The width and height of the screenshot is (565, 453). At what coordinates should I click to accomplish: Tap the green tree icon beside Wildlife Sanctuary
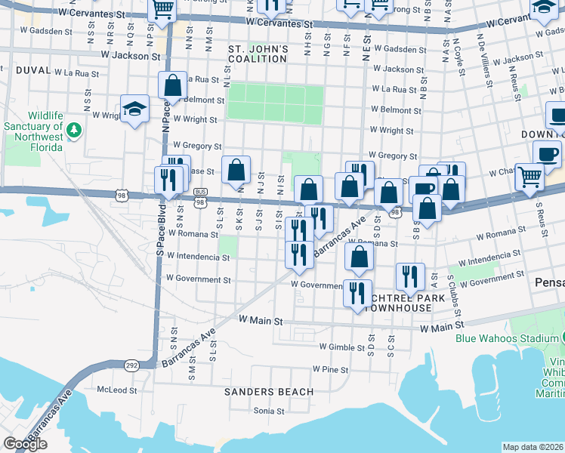point(74,131)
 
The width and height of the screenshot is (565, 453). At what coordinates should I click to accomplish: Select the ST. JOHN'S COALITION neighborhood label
point(258,55)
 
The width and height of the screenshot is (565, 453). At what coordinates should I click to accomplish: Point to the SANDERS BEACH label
point(258,392)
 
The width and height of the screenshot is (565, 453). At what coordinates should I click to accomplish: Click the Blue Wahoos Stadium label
point(506,337)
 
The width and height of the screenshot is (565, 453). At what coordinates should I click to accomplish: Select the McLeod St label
point(117,391)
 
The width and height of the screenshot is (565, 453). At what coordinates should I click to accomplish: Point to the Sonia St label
point(268,411)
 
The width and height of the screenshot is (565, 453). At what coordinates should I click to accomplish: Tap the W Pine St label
point(330,370)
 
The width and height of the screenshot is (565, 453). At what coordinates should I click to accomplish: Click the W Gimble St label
point(342,347)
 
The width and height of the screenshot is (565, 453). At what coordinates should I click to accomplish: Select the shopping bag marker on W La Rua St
point(172,86)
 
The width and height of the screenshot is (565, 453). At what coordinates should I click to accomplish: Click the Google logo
point(25,444)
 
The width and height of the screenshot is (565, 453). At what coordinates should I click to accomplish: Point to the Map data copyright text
point(533,447)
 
